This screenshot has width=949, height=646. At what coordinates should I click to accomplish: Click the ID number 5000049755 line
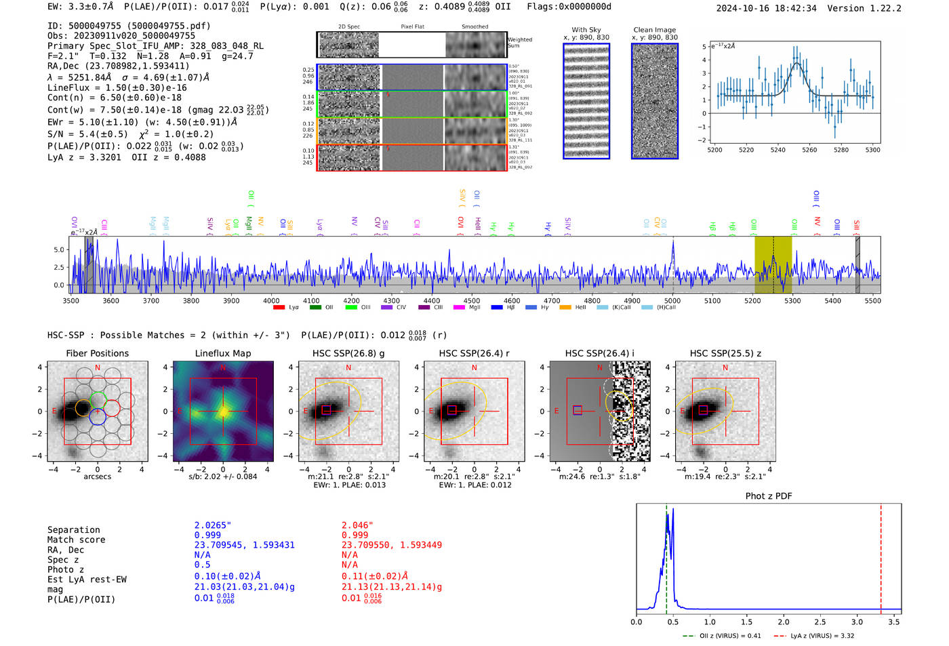coord(129,26)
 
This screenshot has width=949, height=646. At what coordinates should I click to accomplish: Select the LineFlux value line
coord(117,87)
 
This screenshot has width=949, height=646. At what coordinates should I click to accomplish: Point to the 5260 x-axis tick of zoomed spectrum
coord(809,150)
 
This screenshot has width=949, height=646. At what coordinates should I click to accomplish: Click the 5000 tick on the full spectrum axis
coord(672,300)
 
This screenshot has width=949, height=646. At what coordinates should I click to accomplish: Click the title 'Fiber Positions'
coord(97,353)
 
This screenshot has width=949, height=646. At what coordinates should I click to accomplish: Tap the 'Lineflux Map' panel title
coord(223,353)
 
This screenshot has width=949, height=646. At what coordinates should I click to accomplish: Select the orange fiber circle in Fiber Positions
coord(83,408)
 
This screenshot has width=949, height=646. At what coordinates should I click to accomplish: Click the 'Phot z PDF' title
coord(769,496)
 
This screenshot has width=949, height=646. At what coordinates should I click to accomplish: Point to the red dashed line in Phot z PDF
coord(881,556)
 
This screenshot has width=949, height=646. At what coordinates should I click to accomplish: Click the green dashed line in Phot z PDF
coord(666,556)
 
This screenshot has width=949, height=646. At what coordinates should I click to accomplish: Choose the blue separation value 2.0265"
coord(213,525)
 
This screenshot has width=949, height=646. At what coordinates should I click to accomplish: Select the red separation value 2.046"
coord(357,525)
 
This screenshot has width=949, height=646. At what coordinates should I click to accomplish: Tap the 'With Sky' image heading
coord(586,30)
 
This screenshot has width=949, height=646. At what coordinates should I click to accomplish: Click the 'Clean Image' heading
coord(654,30)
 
